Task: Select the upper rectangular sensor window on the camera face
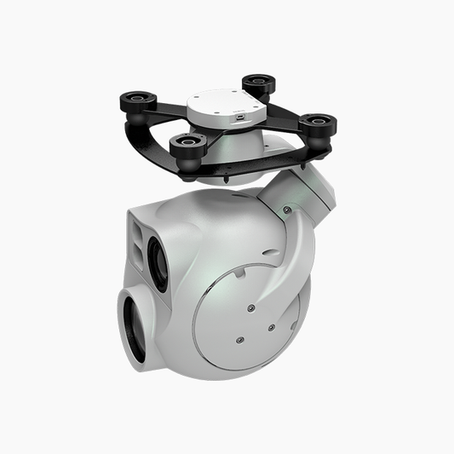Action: (x=140, y=225)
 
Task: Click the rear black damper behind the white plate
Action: (x=257, y=84)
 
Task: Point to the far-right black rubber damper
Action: (x=317, y=125)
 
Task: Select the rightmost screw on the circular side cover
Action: (x=271, y=327)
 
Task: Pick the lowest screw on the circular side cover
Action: (x=239, y=339)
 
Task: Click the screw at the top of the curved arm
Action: (x=287, y=210)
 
